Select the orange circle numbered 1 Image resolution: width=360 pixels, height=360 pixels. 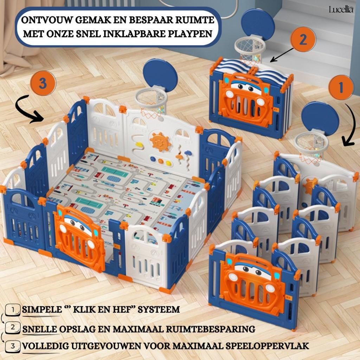click(341, 87)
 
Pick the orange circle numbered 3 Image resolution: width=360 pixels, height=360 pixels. click(43, 84)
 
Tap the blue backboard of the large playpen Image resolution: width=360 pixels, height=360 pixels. click(160, 75)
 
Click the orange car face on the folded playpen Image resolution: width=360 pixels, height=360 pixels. click(245, 99)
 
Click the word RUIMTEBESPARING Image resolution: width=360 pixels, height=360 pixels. click(216, 329)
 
